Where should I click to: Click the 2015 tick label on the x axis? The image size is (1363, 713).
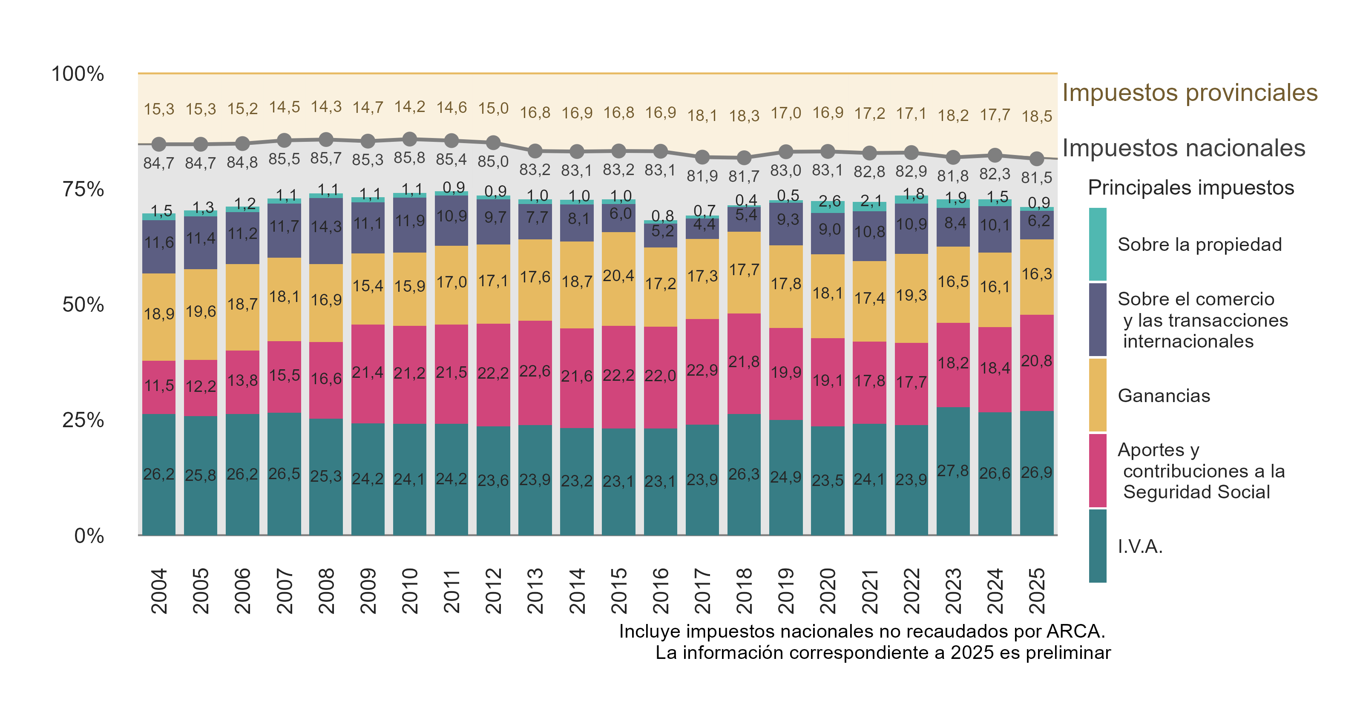618,591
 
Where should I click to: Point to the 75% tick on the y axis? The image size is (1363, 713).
83,189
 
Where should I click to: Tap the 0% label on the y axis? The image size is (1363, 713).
89,536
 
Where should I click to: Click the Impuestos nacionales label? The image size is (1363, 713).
1184,148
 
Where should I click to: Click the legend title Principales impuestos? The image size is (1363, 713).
1190,188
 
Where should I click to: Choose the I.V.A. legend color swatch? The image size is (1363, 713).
1097,546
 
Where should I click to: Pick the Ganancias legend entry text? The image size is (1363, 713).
1164,396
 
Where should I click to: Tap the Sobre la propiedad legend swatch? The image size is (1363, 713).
1097,244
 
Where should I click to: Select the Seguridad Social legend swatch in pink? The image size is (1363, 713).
1097,471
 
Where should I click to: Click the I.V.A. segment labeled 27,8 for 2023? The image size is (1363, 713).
953,471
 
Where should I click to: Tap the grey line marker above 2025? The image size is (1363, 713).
1037,158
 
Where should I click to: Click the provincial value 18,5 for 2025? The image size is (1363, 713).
1037,116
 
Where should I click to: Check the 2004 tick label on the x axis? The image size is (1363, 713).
159,591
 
